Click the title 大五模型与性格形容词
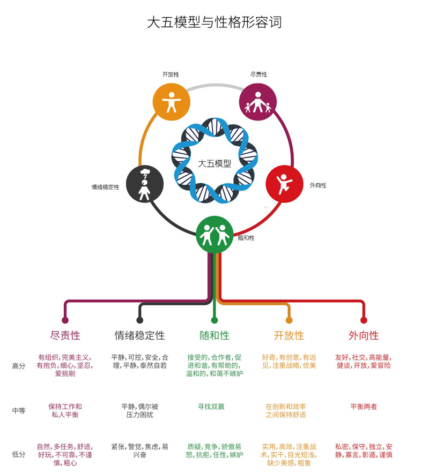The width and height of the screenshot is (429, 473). pos(214,22)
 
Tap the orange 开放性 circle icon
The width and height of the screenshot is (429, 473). pos(172,101)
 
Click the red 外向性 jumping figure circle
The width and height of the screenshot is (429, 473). pos(284,184)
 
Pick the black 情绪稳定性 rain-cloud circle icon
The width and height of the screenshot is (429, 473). pos(144,184)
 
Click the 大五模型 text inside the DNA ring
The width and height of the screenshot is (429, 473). pos(214,163)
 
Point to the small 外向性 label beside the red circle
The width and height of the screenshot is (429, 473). pos(318,185)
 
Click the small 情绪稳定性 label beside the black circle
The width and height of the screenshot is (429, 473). pos(105,187)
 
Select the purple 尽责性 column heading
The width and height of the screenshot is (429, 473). pos(65,336)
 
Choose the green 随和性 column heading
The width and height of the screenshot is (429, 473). pos(214,336)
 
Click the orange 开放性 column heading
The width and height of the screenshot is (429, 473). pos(289,336)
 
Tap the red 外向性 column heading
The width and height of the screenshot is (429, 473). pos(364,336)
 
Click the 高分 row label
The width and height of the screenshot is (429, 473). pos(19,366)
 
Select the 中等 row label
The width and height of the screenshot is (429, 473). pos(19,411)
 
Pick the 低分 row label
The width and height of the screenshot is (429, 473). pos(19,454)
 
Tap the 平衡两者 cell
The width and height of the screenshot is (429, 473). pos(364,407)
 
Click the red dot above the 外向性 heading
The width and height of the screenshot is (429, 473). pos(364,320)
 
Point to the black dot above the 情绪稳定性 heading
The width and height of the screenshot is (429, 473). pos(140,320)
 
